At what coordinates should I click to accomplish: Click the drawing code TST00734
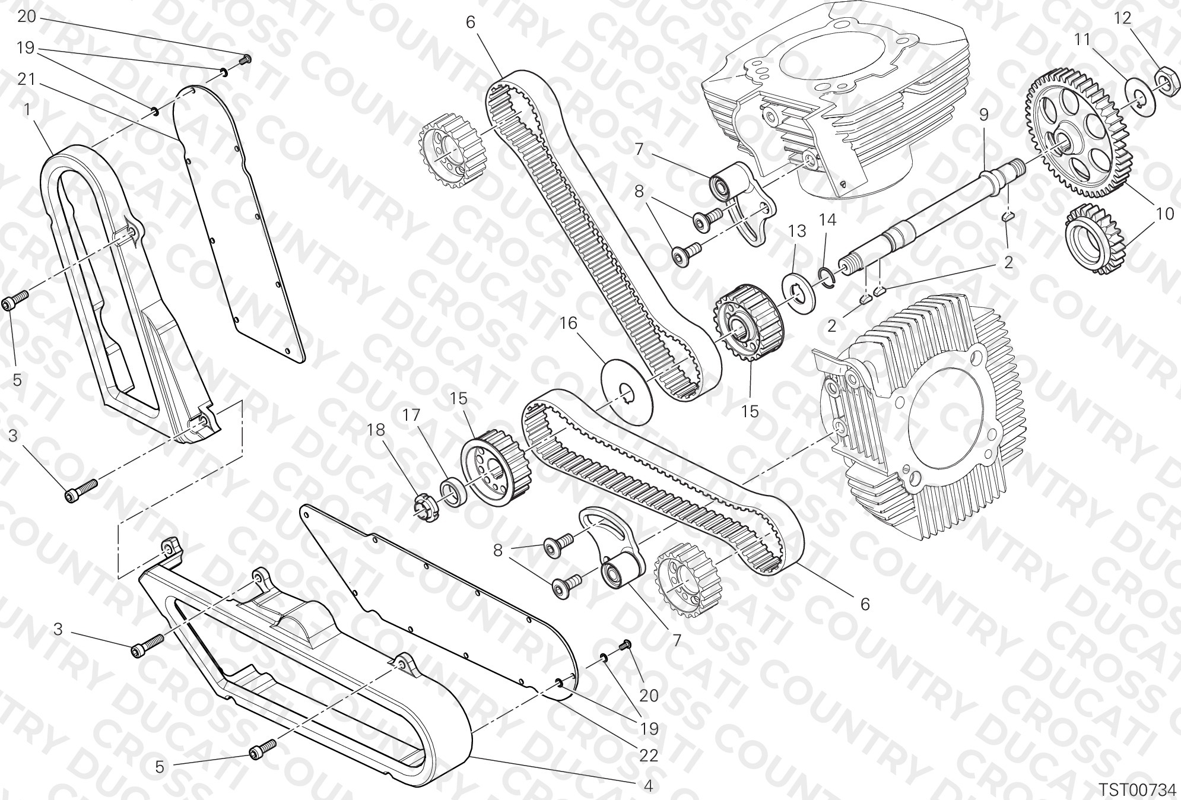tap(1136, 789)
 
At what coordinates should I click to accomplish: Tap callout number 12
tap(1123, 18)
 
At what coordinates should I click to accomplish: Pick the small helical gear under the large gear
tap(1094, 239)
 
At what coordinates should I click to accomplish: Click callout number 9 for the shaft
tap(984, 115)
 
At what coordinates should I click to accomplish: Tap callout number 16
tap(568, 323)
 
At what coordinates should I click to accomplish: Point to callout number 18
tap(376, 429)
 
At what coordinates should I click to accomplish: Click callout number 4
tap(648, 786)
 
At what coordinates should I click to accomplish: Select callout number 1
tap(26, 109)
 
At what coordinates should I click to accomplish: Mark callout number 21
tap(26, 79)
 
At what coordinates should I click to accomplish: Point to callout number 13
tap(798, 231)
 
